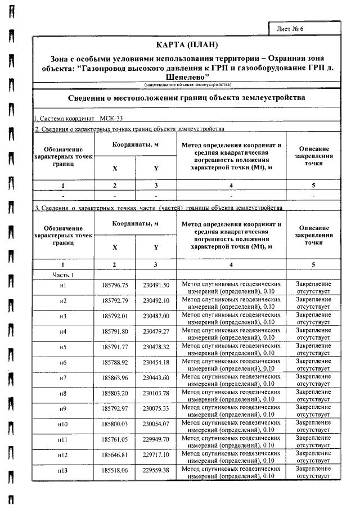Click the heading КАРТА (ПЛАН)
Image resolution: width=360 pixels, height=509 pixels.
[186, 44]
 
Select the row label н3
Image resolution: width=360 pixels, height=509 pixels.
[63, 316]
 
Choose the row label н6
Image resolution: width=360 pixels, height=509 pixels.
[63, 362]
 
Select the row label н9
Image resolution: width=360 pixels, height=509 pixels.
[63, 408]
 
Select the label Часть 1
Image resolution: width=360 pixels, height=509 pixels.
[63, 274]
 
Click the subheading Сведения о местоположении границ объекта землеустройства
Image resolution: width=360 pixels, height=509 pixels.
[187, 97]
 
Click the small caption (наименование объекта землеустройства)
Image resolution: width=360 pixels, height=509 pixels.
[187, 84]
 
